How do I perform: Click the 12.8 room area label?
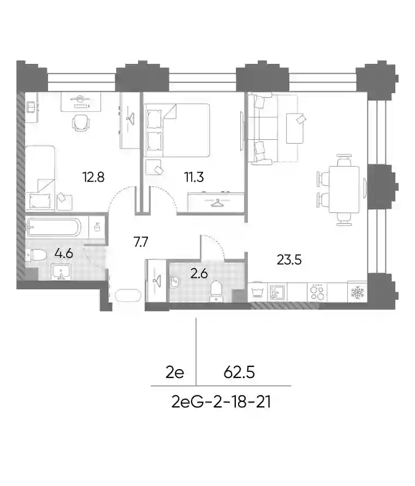93,177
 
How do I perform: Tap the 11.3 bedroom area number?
194,177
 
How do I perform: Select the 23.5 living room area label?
289,260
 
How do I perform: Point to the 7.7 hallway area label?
141,242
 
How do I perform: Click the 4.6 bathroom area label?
63,253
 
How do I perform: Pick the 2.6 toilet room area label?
199,274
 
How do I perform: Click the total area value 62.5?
239,372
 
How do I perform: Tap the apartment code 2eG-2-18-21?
221,402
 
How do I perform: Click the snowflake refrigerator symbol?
357,292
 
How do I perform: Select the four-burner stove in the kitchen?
317,292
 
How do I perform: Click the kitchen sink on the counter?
277,292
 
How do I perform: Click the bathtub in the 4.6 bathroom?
54,228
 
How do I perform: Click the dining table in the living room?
344,189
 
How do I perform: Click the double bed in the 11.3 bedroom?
177,131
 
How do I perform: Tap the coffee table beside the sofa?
295,128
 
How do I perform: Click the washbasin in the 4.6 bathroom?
62,272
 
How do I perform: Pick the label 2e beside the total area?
175,372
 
